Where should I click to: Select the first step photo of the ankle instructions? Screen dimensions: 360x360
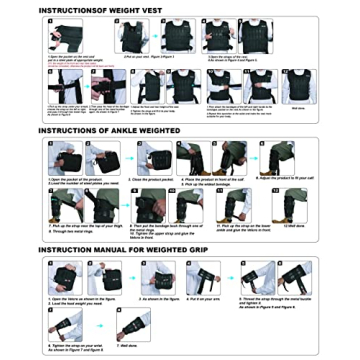(64, 157)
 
